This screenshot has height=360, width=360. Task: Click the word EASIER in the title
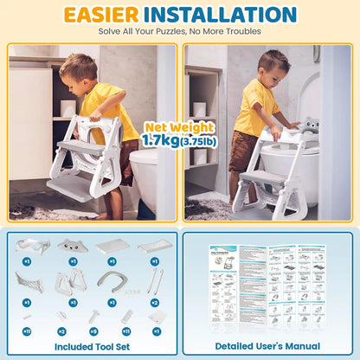(107, 15)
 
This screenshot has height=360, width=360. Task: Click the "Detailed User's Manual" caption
(268, 346)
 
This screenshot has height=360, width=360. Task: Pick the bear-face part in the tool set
(73, 247)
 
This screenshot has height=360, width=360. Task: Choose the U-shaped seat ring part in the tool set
(113, 280)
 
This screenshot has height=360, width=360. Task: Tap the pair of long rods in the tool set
(154, 280)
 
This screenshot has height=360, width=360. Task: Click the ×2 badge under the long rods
(154, 302)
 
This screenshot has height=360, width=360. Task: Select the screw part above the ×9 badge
(93, 316)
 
